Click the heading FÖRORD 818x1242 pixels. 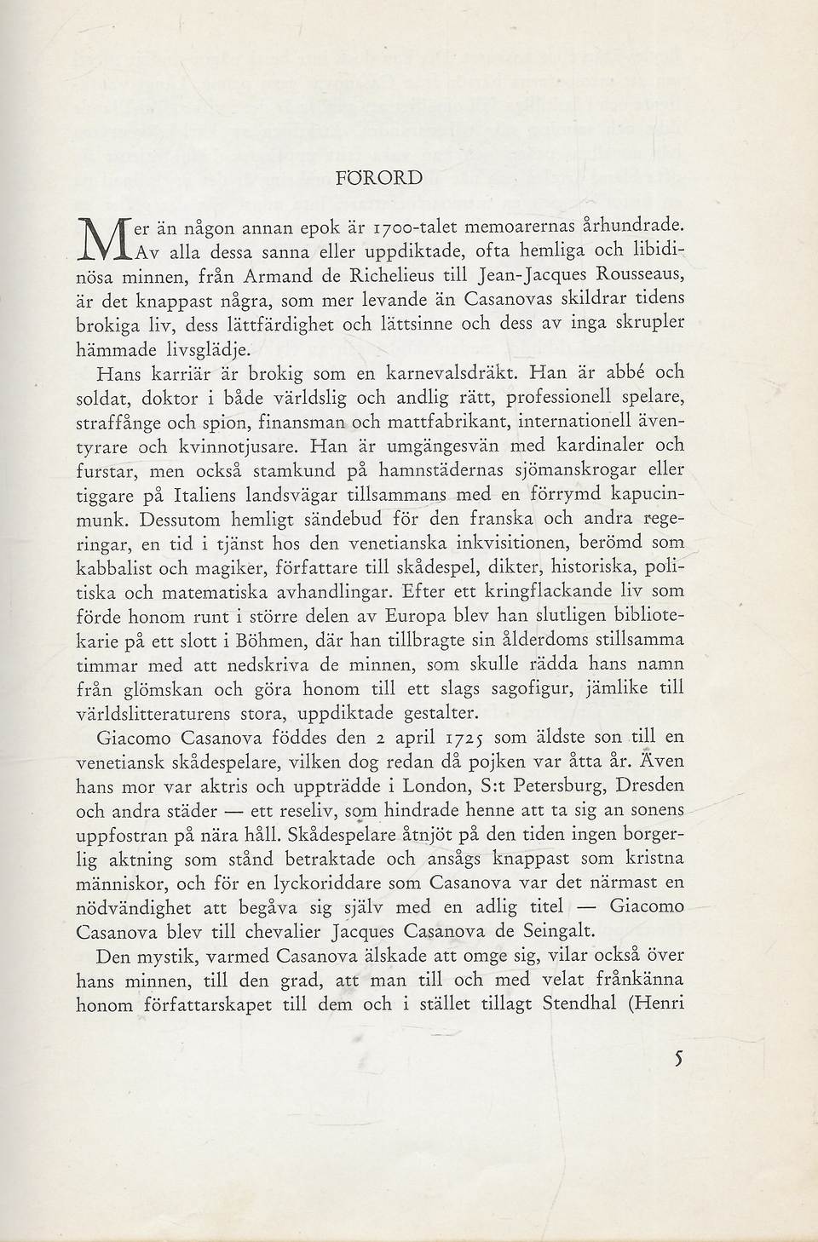tap(379, 178)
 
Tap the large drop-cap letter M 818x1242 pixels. tap(100, 241)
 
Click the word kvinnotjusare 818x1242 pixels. tap(235, 446)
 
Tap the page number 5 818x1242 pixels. tap(678, 1058)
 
